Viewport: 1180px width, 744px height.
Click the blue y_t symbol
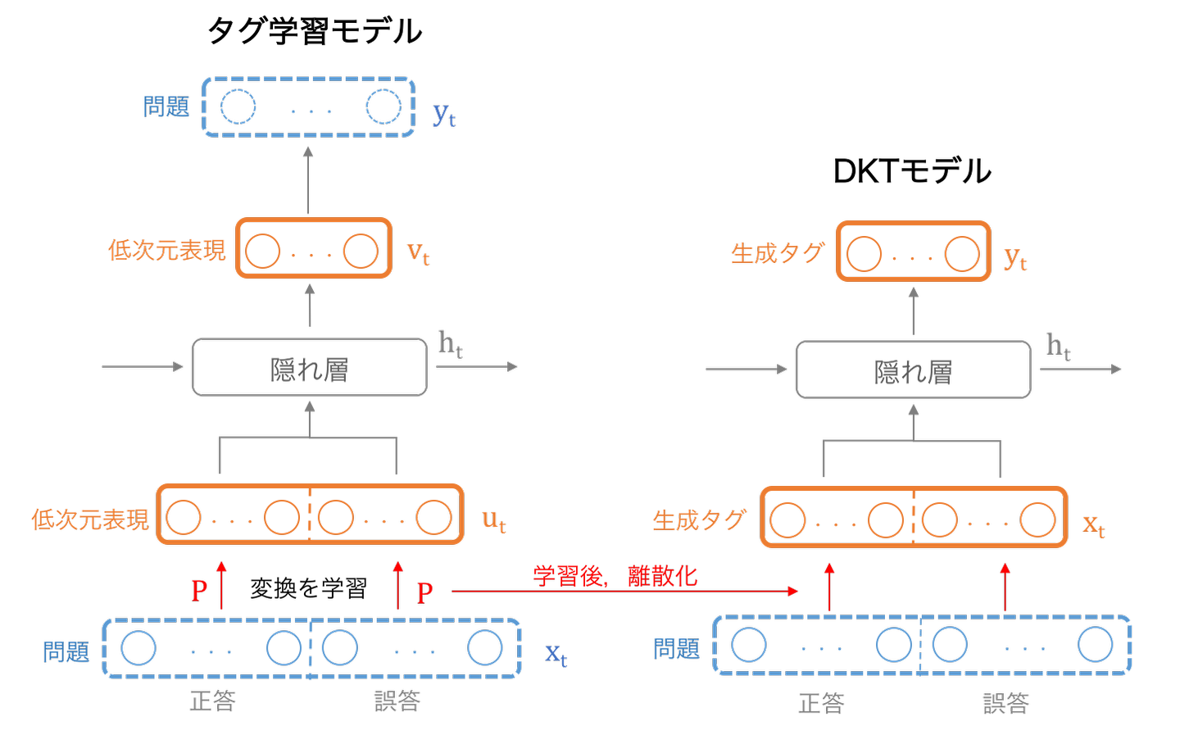444,115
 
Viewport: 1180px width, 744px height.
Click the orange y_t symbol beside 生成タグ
1015,258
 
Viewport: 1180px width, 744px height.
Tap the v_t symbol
418,252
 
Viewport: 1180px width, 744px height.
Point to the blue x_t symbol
556,654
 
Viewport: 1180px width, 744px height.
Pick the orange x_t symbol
1093,524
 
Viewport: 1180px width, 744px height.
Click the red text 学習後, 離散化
615,576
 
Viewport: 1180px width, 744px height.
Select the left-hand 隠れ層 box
310,368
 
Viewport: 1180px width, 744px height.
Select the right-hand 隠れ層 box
913,370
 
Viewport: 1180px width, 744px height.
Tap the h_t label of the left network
451,344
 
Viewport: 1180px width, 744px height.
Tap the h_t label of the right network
1058,347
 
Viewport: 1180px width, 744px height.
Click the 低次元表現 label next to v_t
166,250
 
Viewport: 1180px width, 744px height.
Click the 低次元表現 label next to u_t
90,519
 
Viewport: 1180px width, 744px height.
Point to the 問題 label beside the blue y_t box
166,107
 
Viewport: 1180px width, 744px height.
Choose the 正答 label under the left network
212,701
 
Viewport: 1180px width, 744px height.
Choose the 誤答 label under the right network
1005,703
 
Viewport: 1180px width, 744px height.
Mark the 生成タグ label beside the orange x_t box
699,519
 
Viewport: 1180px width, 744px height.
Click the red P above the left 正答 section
199,591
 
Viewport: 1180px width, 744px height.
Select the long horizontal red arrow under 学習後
623,591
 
